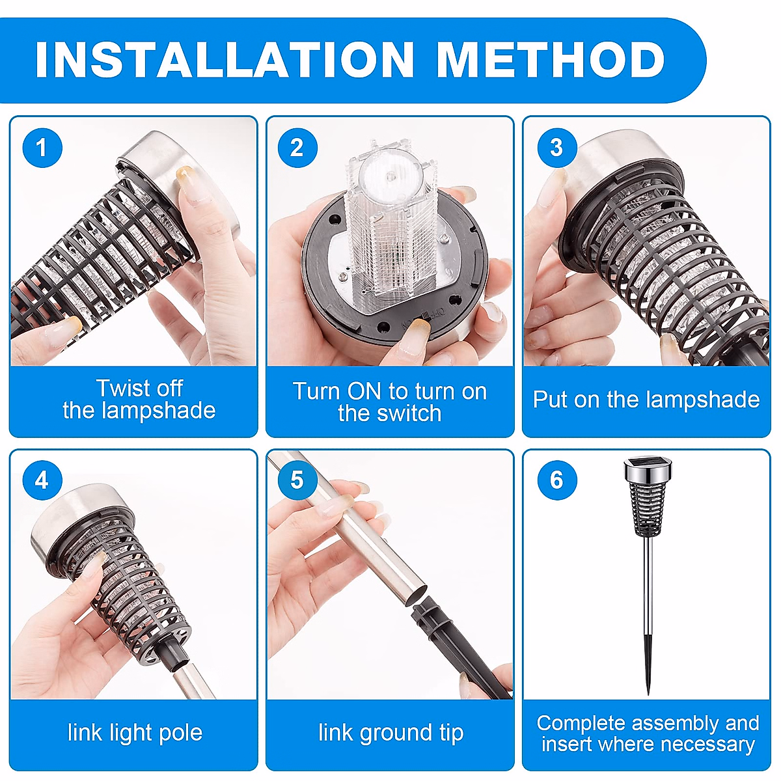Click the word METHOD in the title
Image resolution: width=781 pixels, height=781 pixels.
point(551,59)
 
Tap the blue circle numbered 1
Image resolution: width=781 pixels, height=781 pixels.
point(42,148)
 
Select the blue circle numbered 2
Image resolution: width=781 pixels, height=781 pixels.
point(297,148)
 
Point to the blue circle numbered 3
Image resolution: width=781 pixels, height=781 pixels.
point(557,148)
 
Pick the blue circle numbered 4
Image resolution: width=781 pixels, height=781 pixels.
point(42,480)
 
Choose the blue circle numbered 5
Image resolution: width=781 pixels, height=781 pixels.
point(297,480)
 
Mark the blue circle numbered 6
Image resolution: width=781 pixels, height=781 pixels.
point(557,480)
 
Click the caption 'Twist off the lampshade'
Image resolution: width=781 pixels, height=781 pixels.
point(139,399)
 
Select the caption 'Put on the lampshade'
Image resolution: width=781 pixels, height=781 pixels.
point(646,400)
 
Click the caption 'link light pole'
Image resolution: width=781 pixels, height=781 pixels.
point(135,733)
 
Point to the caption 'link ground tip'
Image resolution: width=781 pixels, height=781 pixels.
point(390,733)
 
